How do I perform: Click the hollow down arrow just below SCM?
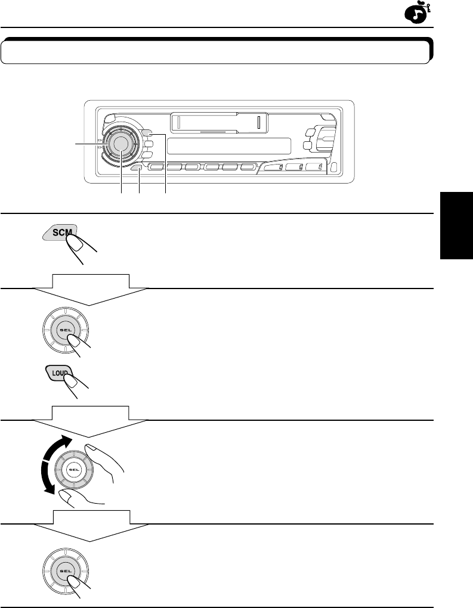coord(89,289)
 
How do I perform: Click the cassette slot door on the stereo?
coord(218,123)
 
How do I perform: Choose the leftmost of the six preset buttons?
coord(157,169)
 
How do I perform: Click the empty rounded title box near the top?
coord(216,52)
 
